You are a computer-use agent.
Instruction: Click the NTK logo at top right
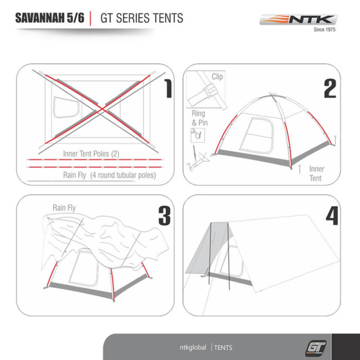pyautogui.click(x=298, y=20)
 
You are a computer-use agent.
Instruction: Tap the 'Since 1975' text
pyautogui.click(x=325, y=29)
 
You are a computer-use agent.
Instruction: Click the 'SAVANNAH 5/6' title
pyautogui.click(x=50, y=18)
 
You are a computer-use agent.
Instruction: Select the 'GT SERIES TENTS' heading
pyautogui.click(x=141, y=18)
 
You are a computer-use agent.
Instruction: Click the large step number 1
pyautogui.click(x=168, y=88)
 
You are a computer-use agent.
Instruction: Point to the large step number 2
pyautogui.click(x=330, y=88)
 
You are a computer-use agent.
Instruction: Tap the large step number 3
pyautogui.click(x=165, y=215)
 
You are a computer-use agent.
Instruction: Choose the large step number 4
pyautogui.click(x=332, y=215)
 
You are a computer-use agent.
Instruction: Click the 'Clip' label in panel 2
pyautogui.click(x=217, y=77)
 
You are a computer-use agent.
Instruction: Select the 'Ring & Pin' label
pyautogui.click(x=200, y=118)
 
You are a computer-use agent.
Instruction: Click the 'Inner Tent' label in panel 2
pyautogui.click(x=317, y=173)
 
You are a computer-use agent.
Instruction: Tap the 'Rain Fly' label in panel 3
pyautogui.click(x=64, y=208)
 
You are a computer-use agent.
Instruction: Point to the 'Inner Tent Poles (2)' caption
pyautogui.click(x=91, y=154)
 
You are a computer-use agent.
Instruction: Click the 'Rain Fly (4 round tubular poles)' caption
pyautogui.click(x=110, y=175)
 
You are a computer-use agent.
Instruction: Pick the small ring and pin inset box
pyautogui.click(x=197, y=135)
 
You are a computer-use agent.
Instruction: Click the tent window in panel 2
pyautogui.click(x=257, y=135)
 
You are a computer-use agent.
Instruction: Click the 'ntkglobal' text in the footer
pyautogui.click(x=193, y=347)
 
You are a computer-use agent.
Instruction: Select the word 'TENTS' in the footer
pyautogui.click(x=223, y=348)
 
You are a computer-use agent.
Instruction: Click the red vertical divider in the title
pyautogui.click(x=91, y=18)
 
